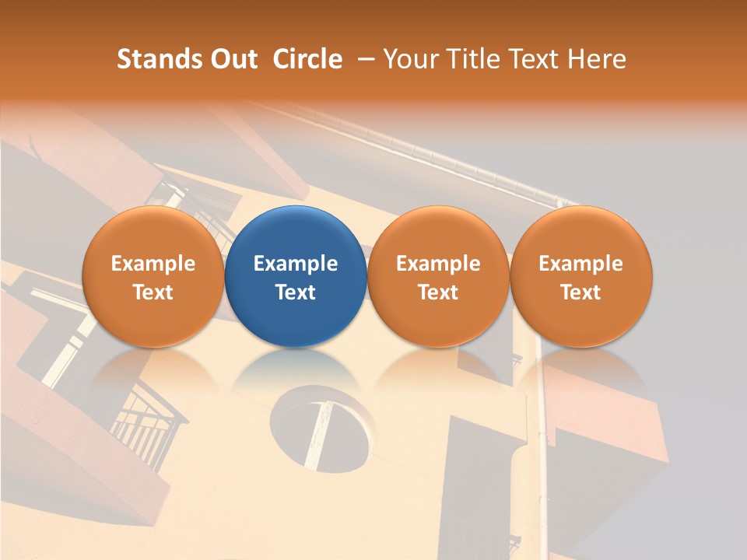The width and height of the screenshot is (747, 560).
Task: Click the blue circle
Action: [296, 276]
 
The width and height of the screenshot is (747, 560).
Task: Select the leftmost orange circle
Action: [153, 276]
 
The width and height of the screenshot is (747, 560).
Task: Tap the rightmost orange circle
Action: [581, 276]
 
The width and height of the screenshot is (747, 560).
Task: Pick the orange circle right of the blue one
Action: [438, 276]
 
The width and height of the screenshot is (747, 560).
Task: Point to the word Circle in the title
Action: [307, 59]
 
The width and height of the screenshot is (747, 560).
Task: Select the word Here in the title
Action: [598, 59]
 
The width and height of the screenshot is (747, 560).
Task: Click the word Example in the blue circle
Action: [296, 264]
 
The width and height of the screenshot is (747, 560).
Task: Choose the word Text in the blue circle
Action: [296, 292]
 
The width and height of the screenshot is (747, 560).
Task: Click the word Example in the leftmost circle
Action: [153, 264]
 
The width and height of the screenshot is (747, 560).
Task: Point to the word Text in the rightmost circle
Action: [581, 292]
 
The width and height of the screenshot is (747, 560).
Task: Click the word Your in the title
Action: [409, 59]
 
